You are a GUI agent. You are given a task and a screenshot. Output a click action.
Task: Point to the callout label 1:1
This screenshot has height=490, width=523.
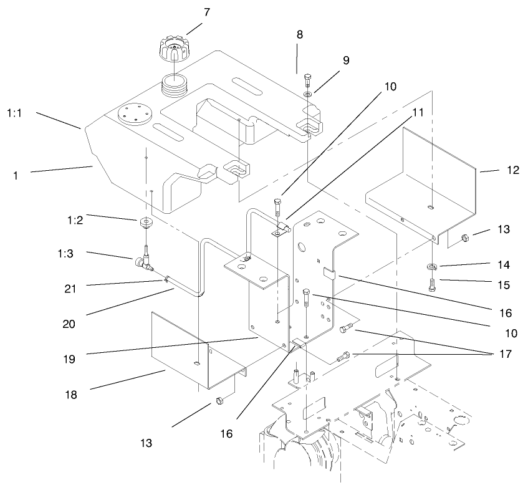tap(16, 113)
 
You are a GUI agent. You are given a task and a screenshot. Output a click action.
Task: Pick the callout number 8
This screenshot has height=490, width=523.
tap(300, 35)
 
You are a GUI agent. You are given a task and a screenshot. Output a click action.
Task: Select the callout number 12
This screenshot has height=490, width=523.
tap(495, 170)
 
